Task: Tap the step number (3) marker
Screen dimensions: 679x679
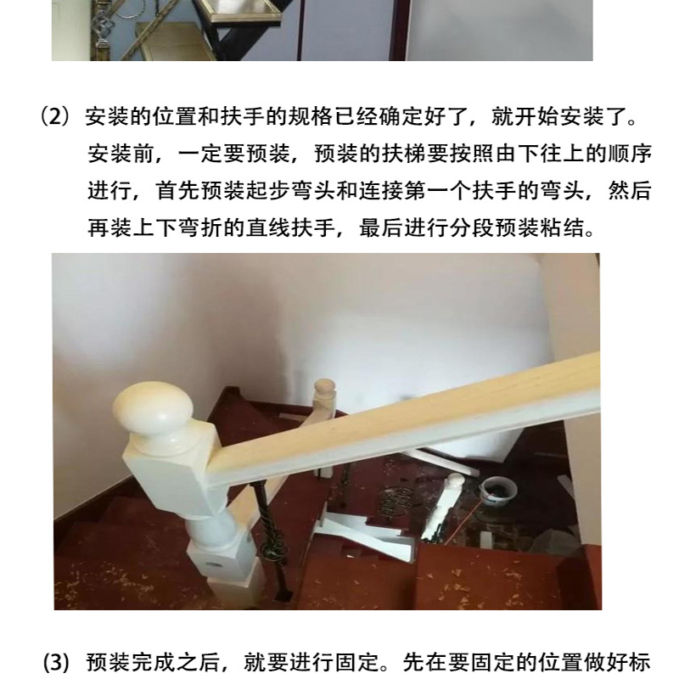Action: pos(57,663)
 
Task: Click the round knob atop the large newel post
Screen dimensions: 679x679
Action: pos(154,408)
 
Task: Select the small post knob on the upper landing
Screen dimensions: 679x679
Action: pos(324,388)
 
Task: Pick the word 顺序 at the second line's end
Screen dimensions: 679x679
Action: pos(629,154)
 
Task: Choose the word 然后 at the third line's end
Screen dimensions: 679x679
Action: pos(629,190)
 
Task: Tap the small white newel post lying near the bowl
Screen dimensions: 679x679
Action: pos(441,507)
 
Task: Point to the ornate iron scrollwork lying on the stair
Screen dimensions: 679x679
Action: pos(394,502)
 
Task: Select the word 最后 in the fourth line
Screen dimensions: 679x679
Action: pos(381,227)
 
